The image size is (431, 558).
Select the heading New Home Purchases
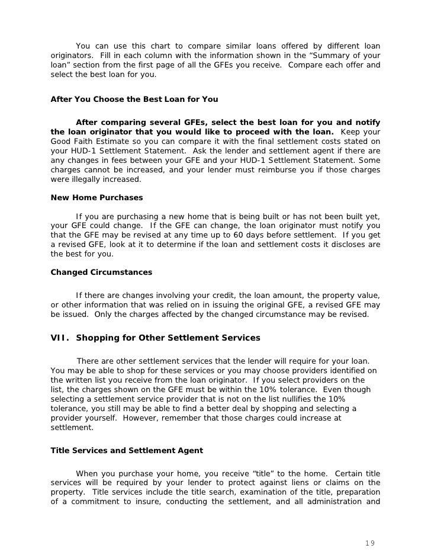pyautogui.click(x=97, y=197)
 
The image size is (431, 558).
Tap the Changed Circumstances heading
pyautogui.click(x=101, y=272)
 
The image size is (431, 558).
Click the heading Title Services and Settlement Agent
pyautogui.click(x=127, y=451)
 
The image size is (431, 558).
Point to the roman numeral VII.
pyautogui.click(x=60, y=338)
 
